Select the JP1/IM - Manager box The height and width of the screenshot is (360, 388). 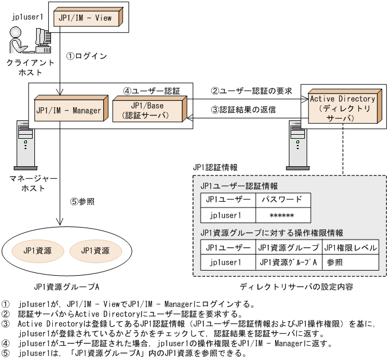click(68, 110)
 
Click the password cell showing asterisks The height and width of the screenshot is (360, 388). click(282, 216)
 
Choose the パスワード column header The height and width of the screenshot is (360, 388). click(282, 199)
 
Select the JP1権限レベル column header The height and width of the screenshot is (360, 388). click(350, 248)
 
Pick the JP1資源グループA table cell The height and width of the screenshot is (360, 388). click(288, 263)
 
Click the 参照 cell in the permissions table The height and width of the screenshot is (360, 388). click(335, 263)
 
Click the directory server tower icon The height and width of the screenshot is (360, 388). click(295, 143)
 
